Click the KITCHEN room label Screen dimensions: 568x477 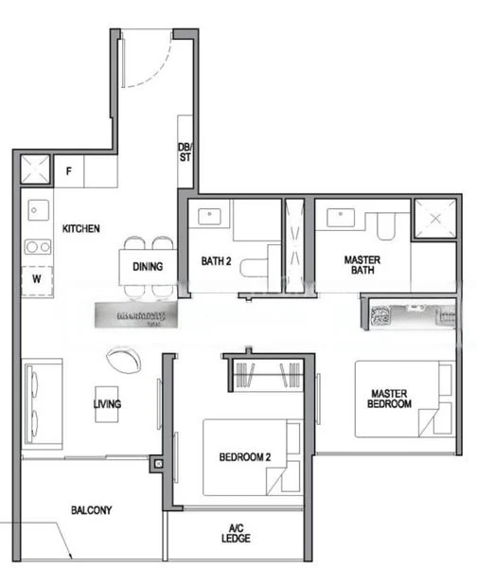click(81, 229)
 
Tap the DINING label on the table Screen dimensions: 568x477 click(147, 267)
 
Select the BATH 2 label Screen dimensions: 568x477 click(217, 261)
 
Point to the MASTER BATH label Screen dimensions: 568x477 click(361, 265)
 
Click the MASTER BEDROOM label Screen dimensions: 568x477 click(391, 399)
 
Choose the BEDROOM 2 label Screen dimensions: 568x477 click(245, 458)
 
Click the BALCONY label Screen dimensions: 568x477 click(91, 510)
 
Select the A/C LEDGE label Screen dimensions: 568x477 click(237, 534)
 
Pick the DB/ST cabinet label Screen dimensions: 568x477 click(185, 151)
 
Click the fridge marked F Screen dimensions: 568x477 click(69, 171)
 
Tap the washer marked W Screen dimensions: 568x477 click(37, 279)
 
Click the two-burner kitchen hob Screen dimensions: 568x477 click(38, 246)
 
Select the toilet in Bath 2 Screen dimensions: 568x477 click(253, 268)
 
